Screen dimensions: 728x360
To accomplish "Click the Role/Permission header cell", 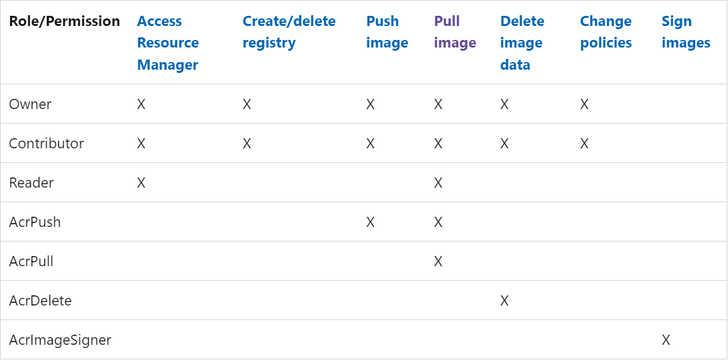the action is point(65,22).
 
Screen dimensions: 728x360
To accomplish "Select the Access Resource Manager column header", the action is point(168,42).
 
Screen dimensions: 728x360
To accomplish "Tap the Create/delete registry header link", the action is point(289,32).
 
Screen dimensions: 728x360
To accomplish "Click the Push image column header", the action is point(387,32).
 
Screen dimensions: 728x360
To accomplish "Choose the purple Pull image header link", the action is point(455,32).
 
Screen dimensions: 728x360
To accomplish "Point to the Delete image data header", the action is point(521,42).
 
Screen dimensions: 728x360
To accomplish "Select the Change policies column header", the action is point(606,32).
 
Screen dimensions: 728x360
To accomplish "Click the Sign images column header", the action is point(686,32).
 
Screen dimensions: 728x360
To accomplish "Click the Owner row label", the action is point(30,104).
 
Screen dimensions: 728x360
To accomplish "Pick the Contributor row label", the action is point(46,143).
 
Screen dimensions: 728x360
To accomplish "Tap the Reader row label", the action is point(31,183).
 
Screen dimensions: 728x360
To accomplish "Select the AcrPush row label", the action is point(35,222).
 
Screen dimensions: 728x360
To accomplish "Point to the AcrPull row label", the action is point(31,262).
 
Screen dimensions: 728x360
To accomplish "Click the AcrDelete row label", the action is point(41,300).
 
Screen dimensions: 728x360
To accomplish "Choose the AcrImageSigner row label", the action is point(60,340).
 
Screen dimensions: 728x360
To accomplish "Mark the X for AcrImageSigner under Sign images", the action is point(666,340).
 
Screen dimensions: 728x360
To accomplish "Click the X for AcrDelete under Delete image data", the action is point(504,301).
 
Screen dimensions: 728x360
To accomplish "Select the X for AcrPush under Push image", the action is point(371,222).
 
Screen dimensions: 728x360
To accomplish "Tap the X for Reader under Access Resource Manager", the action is point(141,183).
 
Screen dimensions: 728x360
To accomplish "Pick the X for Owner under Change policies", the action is point(584,104).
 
